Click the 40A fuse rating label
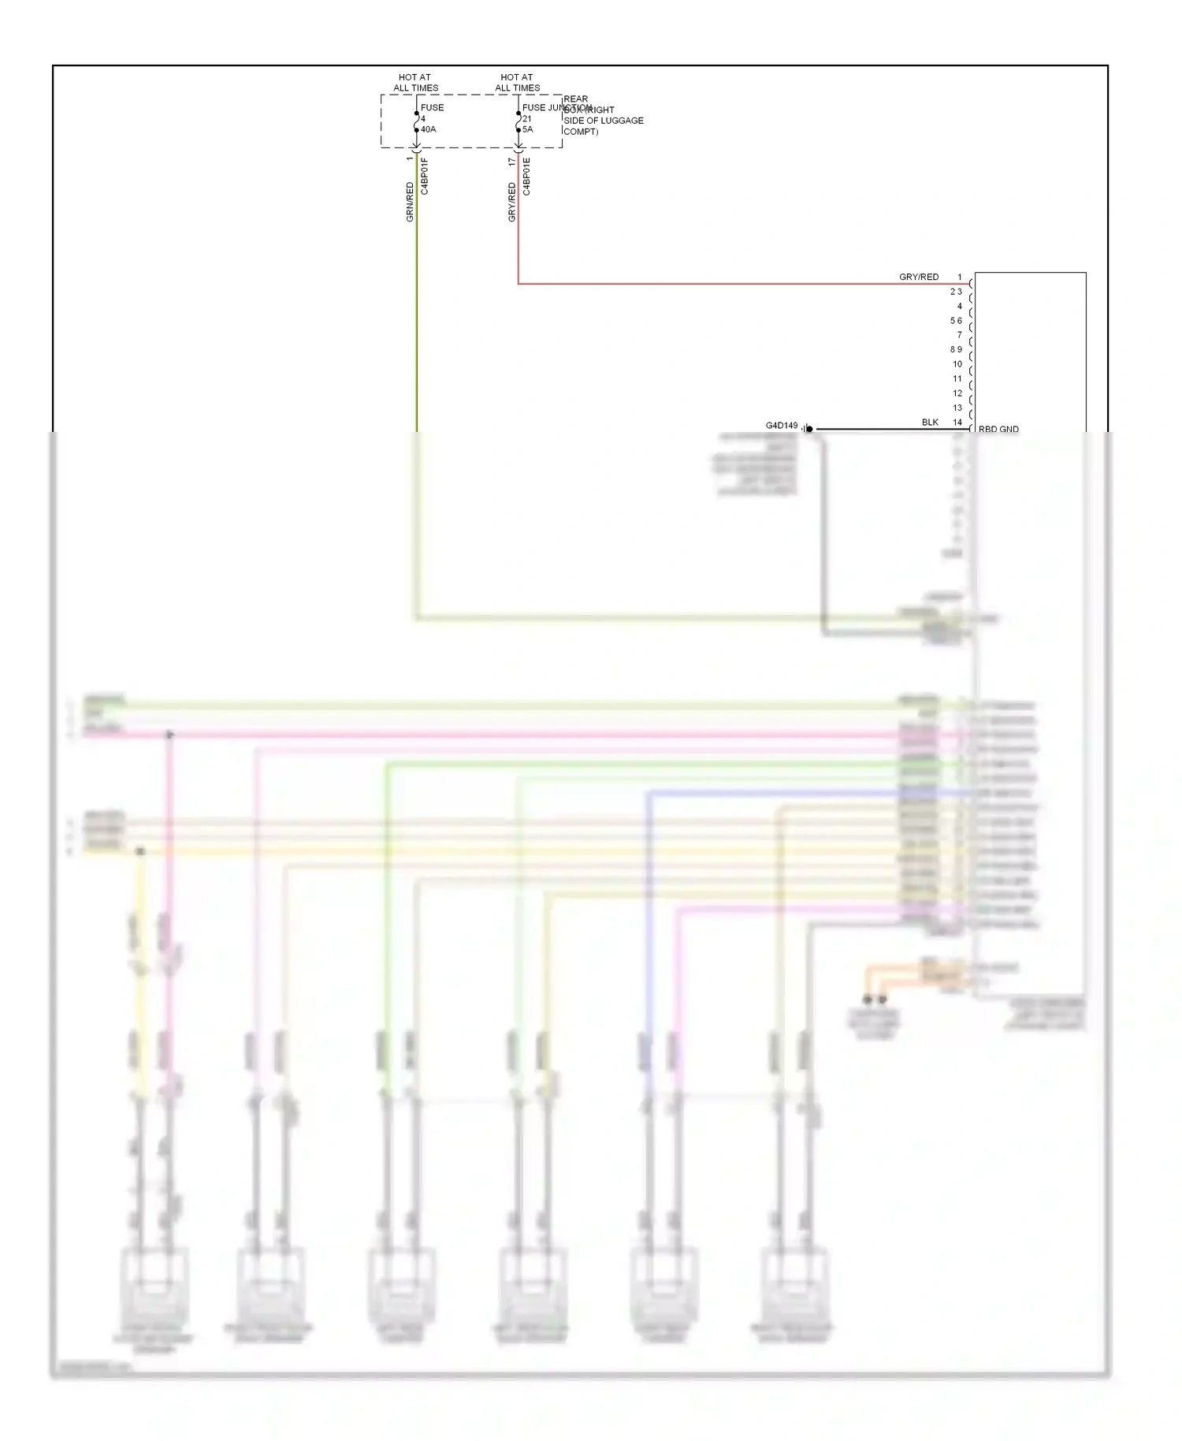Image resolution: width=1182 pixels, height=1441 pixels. [x=428, y=129]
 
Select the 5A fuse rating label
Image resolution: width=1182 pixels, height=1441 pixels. [x=527, y=129]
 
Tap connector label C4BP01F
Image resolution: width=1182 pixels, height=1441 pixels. [x=425, y=177]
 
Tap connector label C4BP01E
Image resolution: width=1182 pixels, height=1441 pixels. [x=526, y=177]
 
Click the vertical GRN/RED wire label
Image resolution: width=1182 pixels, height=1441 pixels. [x=410, y=202]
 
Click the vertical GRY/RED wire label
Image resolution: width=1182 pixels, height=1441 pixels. [x=512, y=202]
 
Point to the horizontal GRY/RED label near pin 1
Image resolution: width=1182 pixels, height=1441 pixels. [x=919, y=277]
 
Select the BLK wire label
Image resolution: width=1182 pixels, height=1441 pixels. [x=930, y=423]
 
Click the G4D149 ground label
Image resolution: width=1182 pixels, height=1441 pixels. [x=782, y=426]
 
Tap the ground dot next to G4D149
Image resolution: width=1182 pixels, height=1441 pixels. [x=809, y=430]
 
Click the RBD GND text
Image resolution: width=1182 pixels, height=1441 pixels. [x=998, y=430]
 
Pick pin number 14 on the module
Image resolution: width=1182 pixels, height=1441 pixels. [x=957, y=423]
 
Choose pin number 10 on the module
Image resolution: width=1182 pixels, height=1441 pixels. [x=957, y=364]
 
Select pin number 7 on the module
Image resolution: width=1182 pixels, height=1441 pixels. [x=959, y=335]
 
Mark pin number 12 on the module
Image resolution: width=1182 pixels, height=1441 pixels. [x=957, y=393]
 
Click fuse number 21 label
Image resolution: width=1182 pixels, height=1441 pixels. [x=526, y=119]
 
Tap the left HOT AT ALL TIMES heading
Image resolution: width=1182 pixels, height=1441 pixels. [x=415, y=83]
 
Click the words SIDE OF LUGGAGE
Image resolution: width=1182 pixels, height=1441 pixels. [x=604, y=121]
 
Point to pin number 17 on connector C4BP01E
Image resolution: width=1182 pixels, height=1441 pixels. [x=512, y=162]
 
